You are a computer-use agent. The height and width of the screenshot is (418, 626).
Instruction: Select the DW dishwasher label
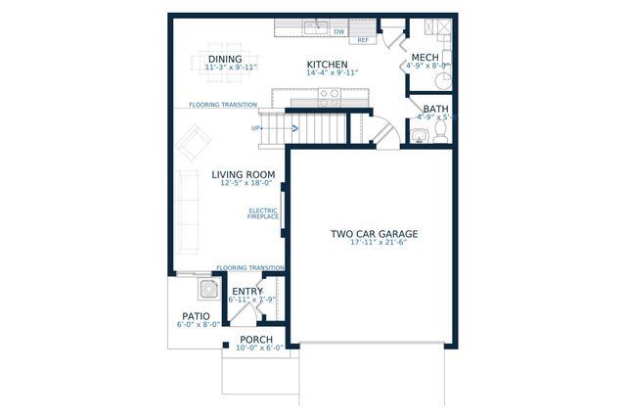339,32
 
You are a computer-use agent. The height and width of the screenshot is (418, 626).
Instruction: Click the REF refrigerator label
363,40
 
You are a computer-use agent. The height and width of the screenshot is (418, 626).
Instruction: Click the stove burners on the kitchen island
329,96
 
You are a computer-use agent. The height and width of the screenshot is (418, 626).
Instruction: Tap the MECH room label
425,57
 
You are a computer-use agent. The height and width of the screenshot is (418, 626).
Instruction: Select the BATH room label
435,109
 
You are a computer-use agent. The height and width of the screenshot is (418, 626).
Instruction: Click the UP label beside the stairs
256,128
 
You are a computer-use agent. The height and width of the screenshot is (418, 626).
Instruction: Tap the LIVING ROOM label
243,175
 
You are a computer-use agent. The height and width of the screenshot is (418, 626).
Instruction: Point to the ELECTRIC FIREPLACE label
263,212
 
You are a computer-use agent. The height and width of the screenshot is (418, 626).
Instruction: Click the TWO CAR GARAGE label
374,234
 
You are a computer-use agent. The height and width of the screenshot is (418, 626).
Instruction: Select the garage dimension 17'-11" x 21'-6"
374,245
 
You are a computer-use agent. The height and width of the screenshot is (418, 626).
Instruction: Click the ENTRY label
246,292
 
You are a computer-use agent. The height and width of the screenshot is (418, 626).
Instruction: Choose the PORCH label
256,340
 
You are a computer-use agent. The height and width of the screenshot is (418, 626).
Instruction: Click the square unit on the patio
208,288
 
